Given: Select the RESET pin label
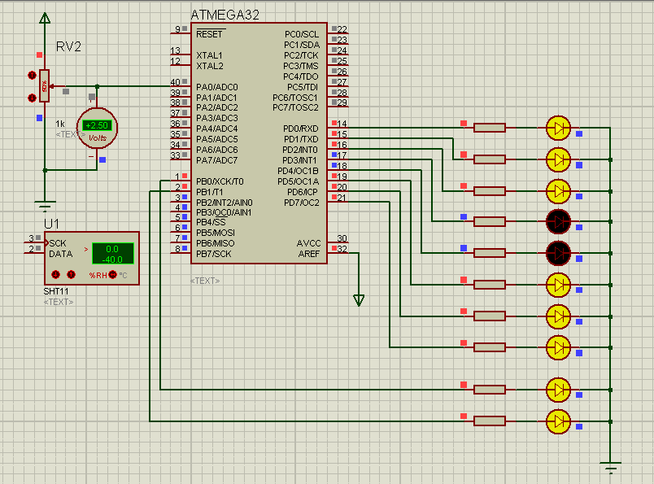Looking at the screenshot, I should click(209, 34).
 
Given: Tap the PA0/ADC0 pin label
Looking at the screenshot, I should click(216, 86).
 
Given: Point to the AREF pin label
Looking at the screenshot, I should click(309, 254).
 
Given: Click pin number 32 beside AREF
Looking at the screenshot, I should click(342, 249).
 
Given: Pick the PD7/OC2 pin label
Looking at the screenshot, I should click(301, 202).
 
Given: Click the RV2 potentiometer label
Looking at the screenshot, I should click(69, 46).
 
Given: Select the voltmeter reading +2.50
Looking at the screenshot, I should click(97, 125).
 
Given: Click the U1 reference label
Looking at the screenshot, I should click(52, 223).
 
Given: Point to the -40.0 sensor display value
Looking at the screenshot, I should click(111, 260).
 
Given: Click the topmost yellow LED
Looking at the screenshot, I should click(558, 127).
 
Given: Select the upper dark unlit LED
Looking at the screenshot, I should click(558, 220).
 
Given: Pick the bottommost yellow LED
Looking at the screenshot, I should click(558, 421).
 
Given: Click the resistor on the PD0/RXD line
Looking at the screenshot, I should click(489, 127).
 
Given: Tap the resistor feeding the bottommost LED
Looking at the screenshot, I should click(489, 421).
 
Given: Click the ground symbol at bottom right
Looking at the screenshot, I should click(611, 468).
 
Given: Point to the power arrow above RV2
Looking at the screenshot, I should click(45, 18).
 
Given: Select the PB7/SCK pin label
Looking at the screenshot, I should click(213, 254).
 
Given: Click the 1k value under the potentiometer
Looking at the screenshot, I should click(60, 124).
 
